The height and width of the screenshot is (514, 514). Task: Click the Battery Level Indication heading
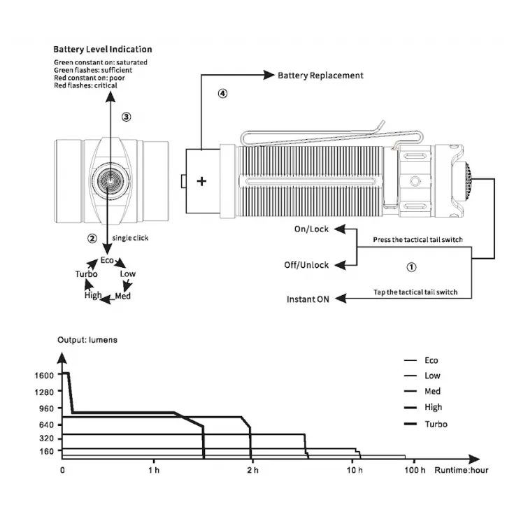(x=103, y=50)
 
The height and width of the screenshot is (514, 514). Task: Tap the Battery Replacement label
(x=320, y=75)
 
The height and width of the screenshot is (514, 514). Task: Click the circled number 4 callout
(x=222, y=93)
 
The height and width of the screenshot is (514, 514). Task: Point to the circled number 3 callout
(x=126, y=117)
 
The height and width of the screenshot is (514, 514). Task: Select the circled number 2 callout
(x=92, y=238)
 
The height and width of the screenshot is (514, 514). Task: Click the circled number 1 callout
(x=411, y=266)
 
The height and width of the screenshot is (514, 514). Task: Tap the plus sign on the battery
(x=202, y=182)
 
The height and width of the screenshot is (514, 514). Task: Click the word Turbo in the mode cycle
(x=86, y=274)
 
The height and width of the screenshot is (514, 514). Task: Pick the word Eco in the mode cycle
(x=107, y=260)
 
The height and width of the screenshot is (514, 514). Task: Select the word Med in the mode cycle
(x=122, y=296)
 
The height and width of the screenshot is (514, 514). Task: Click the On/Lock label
(x=312, y=229)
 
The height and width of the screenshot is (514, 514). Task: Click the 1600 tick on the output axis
(x=43, y=375)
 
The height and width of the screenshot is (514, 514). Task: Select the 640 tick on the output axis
(x=45, y=424)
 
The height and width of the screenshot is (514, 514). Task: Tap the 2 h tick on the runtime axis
(x=252, y=469)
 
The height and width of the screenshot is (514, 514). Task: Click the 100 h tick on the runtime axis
(x=414, y=469)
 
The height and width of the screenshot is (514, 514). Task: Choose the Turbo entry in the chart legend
(x=436, y=424)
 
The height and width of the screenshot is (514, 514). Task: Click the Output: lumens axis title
(x=87, y=340)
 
